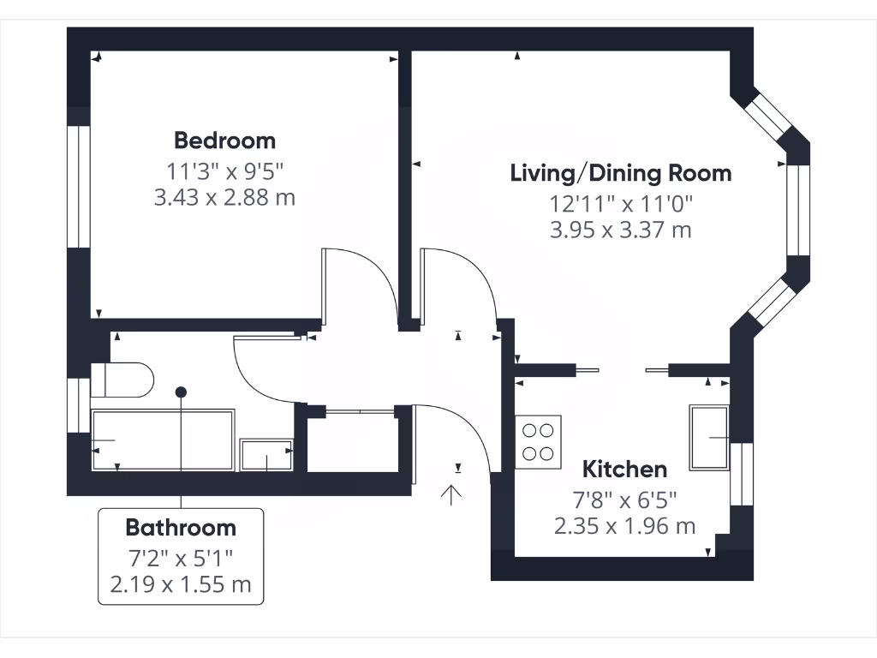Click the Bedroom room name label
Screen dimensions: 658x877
coord(224,140)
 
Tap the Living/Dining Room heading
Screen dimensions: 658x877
coord(621,173)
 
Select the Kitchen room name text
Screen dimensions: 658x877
coord(624,470)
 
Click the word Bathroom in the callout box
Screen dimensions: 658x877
coord(181,527)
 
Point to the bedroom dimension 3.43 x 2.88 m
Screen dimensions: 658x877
coord(224,198)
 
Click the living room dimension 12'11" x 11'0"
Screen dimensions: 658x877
coord(621,204)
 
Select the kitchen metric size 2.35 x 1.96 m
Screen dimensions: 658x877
coord(624,525)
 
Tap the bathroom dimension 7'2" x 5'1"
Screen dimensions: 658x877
coord(181,559)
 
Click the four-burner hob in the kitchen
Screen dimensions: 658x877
coord(538,441)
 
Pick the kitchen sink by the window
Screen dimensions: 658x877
coord(709,437)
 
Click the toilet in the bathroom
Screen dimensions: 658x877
coord(122,380)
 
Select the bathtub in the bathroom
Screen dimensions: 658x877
coord(163,440)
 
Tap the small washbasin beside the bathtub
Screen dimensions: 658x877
coord(267,455)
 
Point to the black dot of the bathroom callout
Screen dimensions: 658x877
coord(181,392)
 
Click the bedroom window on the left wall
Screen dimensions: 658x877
coord(79,187)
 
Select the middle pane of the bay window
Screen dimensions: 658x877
coord(797,210)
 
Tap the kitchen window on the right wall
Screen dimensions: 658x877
coord(742,474)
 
